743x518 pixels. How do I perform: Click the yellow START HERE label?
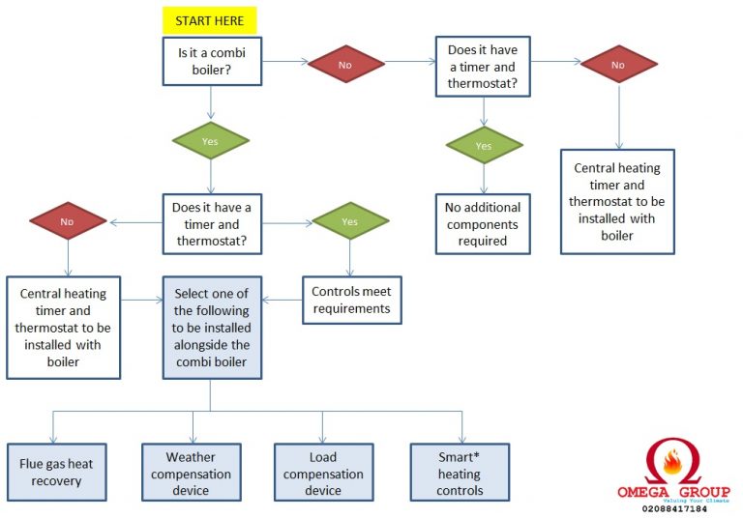[x=209, y=20]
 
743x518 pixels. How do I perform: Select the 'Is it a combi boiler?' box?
[x=212, y=61]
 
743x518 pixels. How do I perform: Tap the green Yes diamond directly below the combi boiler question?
[x=210, y=141]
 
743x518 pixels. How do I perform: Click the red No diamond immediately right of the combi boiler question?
[x=346, y=64]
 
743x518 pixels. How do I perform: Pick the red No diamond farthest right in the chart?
[x=619, y=64]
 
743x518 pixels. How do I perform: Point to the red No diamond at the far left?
[x=68, y=221]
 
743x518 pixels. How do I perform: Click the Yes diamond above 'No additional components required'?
[x=484, y=145]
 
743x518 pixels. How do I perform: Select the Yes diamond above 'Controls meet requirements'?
[x=350, y=221]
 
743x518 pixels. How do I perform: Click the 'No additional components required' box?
[x=483, y=224]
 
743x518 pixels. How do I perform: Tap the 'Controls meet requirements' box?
[x=352, y=301]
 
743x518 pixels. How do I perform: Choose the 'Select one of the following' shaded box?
[x=212, y=328]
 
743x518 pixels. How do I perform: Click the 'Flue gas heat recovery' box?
[x=57, y=472]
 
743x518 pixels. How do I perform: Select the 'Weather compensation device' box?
[x=192, y=472]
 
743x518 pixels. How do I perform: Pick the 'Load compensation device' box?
[x=324, y=472]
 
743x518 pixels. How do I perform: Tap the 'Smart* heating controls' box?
[x=460, y=472]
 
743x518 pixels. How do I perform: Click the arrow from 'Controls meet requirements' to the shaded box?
[x=282, y=300]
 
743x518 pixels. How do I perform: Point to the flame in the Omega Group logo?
[x=673, y=461]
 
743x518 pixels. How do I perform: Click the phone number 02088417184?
[x=674, y=509]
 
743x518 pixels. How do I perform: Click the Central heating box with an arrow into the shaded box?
[x=64, y=328]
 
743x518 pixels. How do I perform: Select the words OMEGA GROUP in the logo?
[x=673, y=492]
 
